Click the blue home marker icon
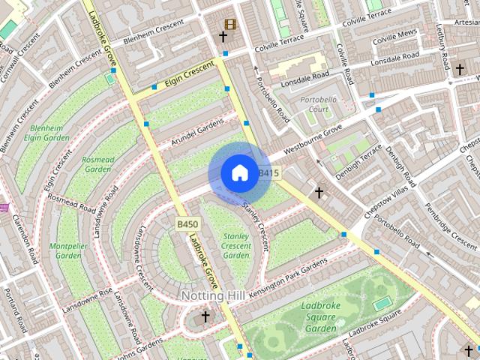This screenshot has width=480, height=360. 239,172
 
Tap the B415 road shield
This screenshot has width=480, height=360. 268,173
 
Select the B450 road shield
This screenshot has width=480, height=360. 187,224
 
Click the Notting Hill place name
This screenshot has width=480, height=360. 212,296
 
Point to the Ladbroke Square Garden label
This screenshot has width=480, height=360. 321,317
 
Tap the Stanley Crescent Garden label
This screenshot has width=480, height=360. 236,245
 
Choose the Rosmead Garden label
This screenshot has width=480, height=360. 97,164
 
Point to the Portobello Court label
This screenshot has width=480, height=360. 319,104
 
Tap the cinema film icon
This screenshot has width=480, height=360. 229,24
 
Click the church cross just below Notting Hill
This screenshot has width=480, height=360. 205,317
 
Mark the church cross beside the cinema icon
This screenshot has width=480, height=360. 223,36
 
